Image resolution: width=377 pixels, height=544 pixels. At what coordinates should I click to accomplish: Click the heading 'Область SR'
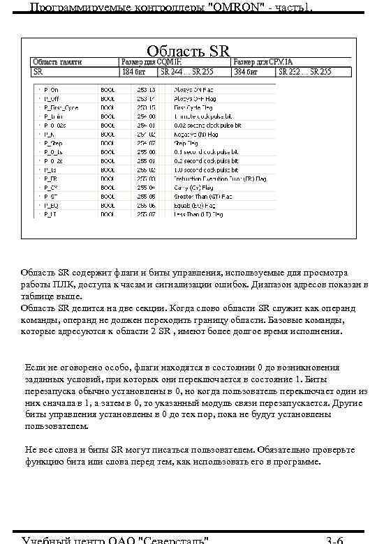[x=188, y=51]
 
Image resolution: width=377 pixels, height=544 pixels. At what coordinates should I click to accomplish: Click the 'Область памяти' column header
[x=57, y=62]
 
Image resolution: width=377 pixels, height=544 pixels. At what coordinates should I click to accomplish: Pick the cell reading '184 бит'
[x=134, y=71]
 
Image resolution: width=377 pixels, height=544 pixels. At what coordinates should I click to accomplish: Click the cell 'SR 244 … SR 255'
[x=188, y=71]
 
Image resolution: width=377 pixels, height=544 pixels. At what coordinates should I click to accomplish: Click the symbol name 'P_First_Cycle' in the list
[x=61, y=108]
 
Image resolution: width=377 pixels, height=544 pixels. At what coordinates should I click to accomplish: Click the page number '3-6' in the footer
[x=334, y=539]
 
